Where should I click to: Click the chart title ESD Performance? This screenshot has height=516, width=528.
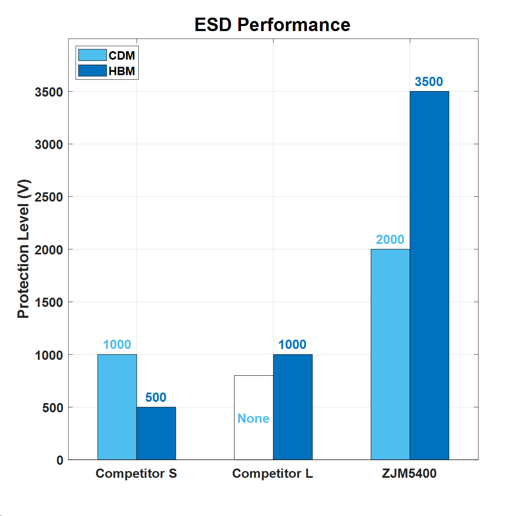(x=272, y=25)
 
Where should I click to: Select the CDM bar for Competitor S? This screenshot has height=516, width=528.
(x=117, y=407)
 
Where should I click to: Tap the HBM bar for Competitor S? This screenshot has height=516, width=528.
(x=156, y=433)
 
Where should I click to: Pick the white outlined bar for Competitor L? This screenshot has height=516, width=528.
(x=253, y=395)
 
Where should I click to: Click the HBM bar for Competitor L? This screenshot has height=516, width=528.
(x=293, y=407)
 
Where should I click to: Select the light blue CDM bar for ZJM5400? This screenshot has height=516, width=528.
(x=390, y=354)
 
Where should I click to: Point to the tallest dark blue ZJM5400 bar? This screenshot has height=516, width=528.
(x=429, y=275)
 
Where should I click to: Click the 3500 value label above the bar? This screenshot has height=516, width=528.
(x=429, y=81)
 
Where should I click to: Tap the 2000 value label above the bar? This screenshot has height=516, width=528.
(x=390, y=239)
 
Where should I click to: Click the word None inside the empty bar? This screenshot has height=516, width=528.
(x=253, y=418)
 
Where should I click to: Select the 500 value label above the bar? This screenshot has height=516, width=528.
(x=156, y=397)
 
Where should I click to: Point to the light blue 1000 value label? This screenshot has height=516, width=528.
(x=117, y=344)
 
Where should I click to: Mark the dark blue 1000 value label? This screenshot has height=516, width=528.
(x=292, y=344)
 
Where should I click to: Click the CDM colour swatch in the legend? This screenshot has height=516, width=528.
(x=92, y=55)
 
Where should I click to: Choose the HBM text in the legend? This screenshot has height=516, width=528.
(x=122, y=71)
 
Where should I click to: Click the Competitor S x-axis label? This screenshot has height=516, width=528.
(x=136, y=473)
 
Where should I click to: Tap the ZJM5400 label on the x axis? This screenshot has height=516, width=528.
(x=409, y=473)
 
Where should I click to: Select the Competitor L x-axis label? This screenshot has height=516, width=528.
(x=272, y=473)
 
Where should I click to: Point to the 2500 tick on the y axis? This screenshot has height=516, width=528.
(x=49, y=197)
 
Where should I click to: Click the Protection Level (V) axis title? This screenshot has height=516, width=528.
(x=24, y=249)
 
